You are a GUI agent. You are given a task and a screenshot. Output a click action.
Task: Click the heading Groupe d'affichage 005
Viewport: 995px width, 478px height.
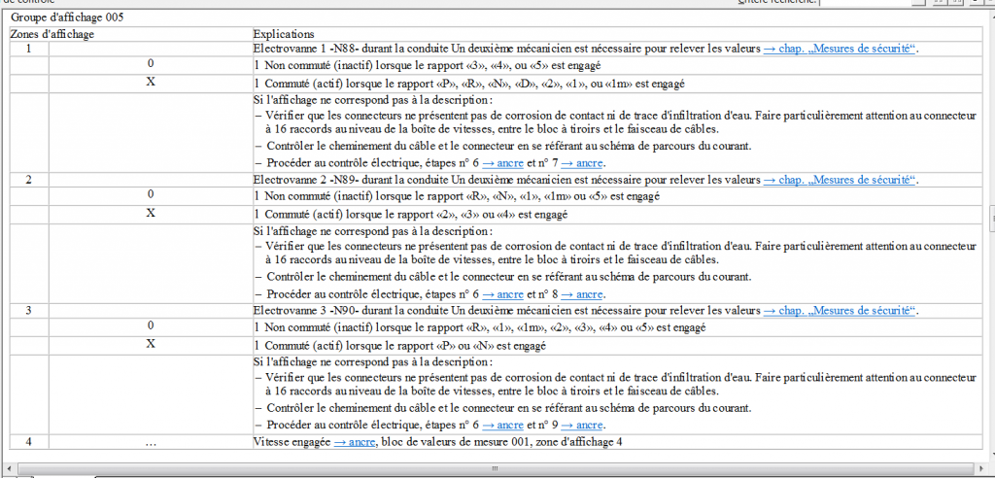67,17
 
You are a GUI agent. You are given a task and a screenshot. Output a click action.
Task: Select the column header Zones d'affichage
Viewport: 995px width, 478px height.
52,34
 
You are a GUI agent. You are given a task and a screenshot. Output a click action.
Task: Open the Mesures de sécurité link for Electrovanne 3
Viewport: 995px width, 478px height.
840,311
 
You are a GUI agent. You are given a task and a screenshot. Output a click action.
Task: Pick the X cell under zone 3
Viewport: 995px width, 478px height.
151,344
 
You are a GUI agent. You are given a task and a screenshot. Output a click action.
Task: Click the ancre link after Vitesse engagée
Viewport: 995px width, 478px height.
355,442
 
